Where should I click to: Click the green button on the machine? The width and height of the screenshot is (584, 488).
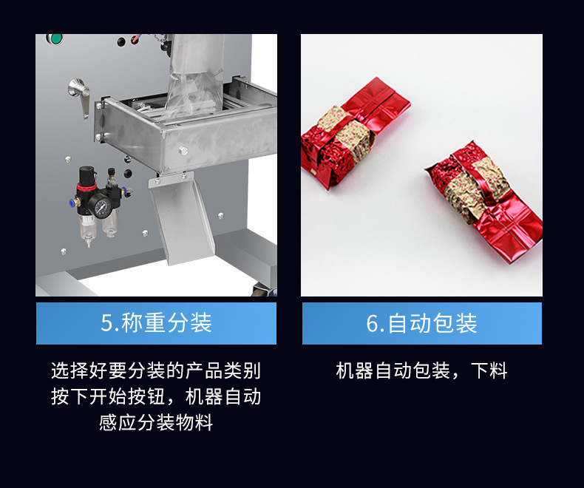pyautogui.click(x=56, y=38)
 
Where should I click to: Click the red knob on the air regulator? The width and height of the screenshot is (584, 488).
pyautogui.click(x=86, y=186)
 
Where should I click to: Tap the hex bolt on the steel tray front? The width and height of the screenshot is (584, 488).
pyautogui.click(x=182, y=151)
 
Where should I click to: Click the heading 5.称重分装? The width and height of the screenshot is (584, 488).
pyautogui.click(x=157, y=323)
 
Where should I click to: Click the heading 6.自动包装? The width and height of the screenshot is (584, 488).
pyautogui.click(x=421, y=323)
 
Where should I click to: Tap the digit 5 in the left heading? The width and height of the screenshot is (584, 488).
pyautogui.click(x=106, y=323)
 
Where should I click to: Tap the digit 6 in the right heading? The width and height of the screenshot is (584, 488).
pyautogui.click(x=373, y=323)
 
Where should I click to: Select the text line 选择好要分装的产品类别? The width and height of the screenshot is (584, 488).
pyautogui.click(x=156, y=370)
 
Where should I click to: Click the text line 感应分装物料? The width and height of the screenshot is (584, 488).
pyautogui.click(x=156, y=422)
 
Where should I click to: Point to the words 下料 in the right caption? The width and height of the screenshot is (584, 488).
pyautogui.click(x=489, y=370)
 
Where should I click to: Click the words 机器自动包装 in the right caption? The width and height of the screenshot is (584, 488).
pyautogui.click(x=393, y=370)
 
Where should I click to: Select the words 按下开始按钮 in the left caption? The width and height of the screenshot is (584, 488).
pyautogui.click(x=109, y=396)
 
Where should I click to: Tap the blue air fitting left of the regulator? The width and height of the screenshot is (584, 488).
pyautogui.click(x=72, y=203)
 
